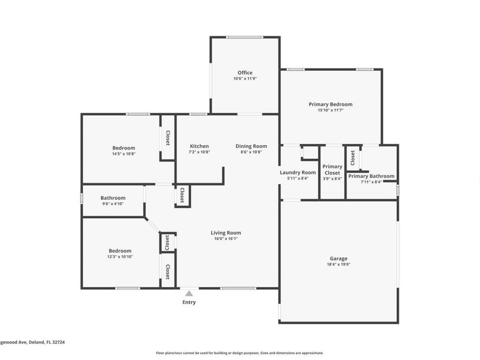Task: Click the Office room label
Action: (x=245, y=73)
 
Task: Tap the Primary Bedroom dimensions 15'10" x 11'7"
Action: (x=330, y=110)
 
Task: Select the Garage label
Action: (x=338, y=259)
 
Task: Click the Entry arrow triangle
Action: (x=189, y=293)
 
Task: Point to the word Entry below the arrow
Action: (x=189, y=302)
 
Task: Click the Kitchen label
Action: (x=199, y=146)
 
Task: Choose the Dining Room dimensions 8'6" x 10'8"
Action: (x=251, y=152)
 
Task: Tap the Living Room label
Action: (x=226, y=233)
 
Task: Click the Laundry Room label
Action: (x=298, y=172)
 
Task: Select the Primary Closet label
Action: (x=332, y=170)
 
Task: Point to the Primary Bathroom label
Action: (x=371, y=176)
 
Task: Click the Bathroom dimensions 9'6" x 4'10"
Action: (x=113, y=204)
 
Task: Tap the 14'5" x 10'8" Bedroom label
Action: (x=123, y=148)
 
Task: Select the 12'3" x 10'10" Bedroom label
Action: (x=120, y=251)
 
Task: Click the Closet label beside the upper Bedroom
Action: (x=167, y=139)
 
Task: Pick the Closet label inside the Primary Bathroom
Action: (x=353, y=158)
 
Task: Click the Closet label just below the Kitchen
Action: (x=182, y=195)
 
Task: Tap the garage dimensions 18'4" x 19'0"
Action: (x=338, y=265)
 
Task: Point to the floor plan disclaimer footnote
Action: (x=239, y=353)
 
